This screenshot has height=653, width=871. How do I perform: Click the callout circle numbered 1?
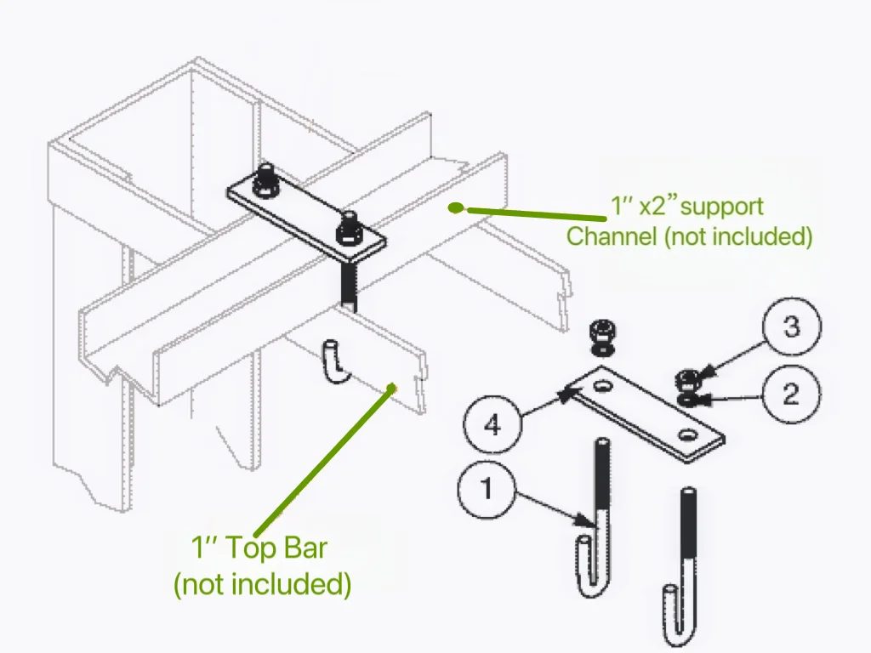pyautogui.click(x=486, y=490)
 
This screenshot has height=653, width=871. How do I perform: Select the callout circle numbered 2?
pyautogui.click(x=790, y=395)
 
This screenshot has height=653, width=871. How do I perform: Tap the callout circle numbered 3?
pyautogui.click(x=791, y=326)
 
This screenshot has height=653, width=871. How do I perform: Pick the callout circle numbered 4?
pyautogui.click(x=492, y=423)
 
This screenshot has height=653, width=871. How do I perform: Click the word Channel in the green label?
pyautogui.click(x=611, y=236)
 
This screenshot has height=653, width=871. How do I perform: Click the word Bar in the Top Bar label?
pyautogui.click(x=299, y=548)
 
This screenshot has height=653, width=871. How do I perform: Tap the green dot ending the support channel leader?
pyautogui.click(x=457, y=207)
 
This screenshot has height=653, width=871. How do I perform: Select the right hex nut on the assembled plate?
pyautogui.click(x=348, y=227)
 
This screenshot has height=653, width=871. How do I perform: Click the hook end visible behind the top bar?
pyautogui.click(x=334, y=361)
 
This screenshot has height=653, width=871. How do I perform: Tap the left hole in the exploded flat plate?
pyautogui.click(x=604, y=387)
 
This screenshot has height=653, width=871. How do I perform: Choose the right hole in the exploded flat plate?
pyautogui.click(x=686, y=435)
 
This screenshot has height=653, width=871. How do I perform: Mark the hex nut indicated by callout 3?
pyautogui.click(x=686, y=378)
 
